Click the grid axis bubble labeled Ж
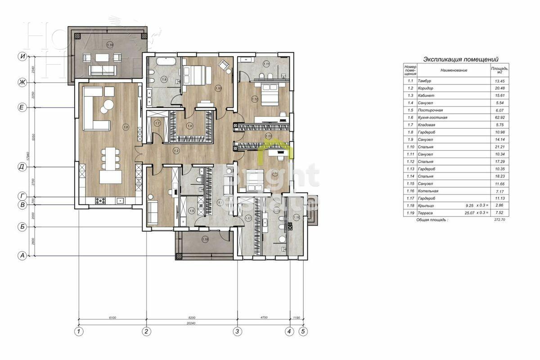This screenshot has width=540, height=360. (21, 82)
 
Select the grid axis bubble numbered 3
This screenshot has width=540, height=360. (237, 332)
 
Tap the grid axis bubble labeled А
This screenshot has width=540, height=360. (21, 256)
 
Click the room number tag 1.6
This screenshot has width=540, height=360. (126, 128)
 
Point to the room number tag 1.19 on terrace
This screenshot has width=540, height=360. (110, 45)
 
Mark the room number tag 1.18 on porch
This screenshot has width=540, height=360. (205, 239)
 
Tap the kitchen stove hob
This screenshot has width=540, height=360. (100, 201)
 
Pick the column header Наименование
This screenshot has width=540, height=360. (453, 70)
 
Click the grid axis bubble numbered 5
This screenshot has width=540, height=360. (303, 332)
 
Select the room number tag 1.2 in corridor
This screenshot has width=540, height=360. (176, 150)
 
